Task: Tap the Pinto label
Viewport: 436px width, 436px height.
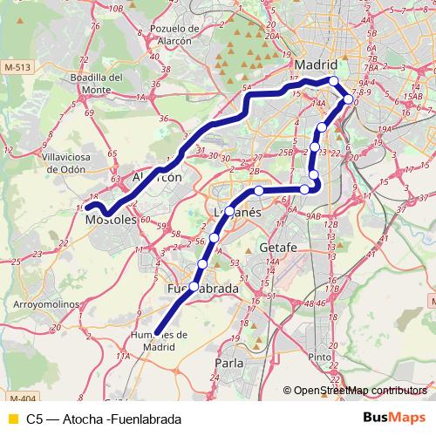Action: pyautogui.click(x=320, y=357)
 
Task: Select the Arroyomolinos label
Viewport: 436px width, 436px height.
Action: pyautogui.click(x=46, y=305)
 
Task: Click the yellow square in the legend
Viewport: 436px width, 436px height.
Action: pyautogui.click(x=12, y=419)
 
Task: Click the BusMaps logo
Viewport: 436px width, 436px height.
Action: pyautogui.click(x=394, y=419)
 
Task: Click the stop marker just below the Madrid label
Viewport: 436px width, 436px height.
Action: pyautogui.click(x=333, y=81)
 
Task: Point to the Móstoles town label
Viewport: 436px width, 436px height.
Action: pyautogui.click(x=112, y=221)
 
